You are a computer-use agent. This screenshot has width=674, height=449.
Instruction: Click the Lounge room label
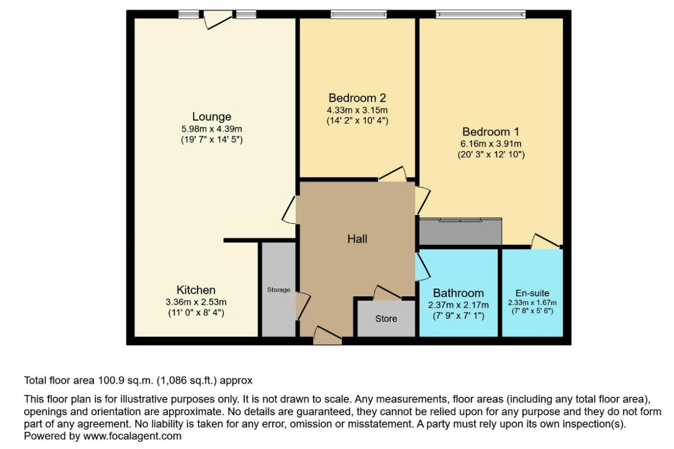click(x=212, y=117)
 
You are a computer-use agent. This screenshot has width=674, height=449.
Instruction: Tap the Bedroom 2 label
click(x=357, y=97)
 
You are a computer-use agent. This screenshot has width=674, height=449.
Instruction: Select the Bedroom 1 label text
click(x=490, y=132)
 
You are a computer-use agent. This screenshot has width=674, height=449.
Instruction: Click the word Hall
click(x=357, y=239)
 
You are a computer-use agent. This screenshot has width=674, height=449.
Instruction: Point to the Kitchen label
click(x=196, y=290)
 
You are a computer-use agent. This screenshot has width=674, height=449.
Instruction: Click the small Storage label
click(x=278, y=290)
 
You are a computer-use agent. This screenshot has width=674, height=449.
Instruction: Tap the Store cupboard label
click(x=386, y=319)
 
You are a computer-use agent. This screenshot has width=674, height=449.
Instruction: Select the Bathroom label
click(x=458, y=293)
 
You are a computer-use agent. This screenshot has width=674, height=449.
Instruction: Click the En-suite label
click(x=532, y=293)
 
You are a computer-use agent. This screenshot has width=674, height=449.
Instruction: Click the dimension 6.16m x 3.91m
click(x=490, y=144)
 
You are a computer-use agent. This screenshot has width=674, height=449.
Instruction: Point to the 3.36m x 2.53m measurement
click(x=196, y=303)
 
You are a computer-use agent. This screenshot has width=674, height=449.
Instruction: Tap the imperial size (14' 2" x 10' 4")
click(x=357, y=120)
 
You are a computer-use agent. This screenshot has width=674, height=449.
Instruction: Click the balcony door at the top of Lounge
click(x=218, y=19)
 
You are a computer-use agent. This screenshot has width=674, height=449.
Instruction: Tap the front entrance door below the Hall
click(x=327, y=337)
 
